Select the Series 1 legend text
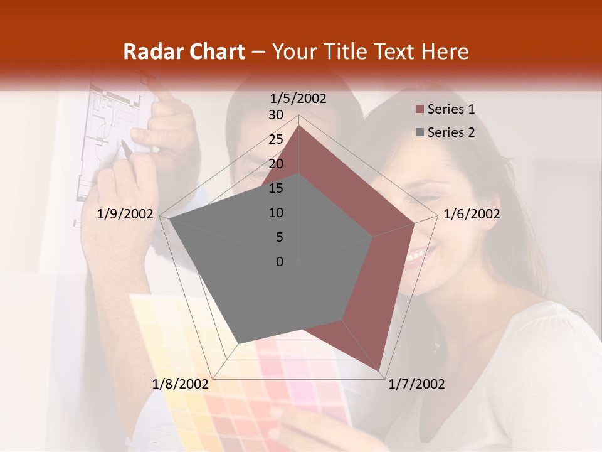click(451, 109)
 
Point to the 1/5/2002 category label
click(298, 98)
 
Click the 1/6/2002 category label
click(472, 214)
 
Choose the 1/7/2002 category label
click(416, 384)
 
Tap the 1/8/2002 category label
click(181, 384)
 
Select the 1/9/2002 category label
click(125, 214)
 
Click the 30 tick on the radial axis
click(276, 115)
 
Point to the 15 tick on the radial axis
click(276, 188)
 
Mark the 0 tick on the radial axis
click(280, 262)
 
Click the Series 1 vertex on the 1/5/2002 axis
click(299, 125)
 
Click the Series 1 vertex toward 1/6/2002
click(415, 223)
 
